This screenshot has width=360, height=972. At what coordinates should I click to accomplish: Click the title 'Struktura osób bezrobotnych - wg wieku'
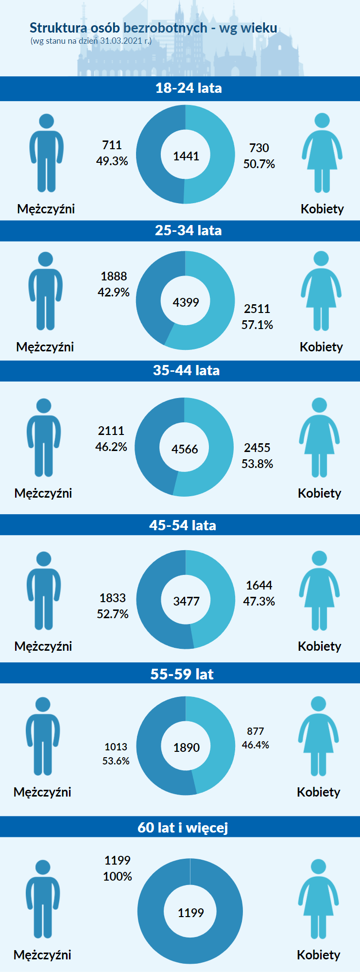[153, 28]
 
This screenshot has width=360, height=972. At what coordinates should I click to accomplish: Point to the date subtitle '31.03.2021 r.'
[125, 41]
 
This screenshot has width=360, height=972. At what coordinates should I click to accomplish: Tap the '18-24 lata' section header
[189, 88]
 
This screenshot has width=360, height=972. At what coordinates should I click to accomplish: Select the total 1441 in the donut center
[186, 156]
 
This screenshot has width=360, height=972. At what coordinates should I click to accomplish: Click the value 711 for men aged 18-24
[112, 145]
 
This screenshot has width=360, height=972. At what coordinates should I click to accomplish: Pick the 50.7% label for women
[259, 164]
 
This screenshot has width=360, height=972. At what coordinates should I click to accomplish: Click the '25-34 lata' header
[188, 230]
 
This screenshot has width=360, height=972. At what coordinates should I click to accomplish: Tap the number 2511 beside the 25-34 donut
[257, 309]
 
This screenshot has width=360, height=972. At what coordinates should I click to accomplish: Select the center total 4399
[186, 302]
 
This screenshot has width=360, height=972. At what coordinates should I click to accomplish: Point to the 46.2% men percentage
[111, 447]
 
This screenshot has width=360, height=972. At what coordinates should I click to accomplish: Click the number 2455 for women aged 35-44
[257, 448]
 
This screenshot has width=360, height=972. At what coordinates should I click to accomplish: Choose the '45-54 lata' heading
[183, 525]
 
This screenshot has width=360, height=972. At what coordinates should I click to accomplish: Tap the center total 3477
[186, 601]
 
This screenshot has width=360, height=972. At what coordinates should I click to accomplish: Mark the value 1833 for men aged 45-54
[113, 598]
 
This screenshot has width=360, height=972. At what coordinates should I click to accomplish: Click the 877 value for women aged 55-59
[256, 731]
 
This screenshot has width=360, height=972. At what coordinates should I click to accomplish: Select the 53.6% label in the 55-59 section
[116, 761]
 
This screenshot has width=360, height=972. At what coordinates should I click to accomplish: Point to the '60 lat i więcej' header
[183, 827]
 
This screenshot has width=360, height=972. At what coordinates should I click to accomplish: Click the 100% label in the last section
[118, 876]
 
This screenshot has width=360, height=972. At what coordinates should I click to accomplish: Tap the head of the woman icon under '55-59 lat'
[318, 704]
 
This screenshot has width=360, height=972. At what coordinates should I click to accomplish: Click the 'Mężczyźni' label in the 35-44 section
[43, 493]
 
